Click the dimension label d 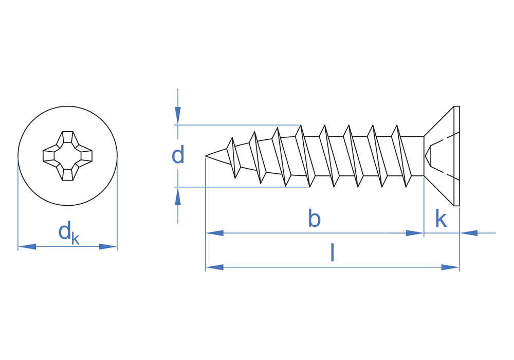[x=178, y=155]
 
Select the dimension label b [x=314, y=219]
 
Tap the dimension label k [x=440, y=219]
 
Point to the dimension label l [x=332, y=253]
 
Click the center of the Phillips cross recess [x=67, y=155]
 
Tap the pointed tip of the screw [x=207, y=155]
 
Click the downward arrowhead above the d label [x=178, y=115]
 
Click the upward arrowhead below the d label [x=178, y=196]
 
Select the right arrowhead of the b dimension [x=414, y=233]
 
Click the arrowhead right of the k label [x=469, y=233]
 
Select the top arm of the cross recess [x=67, y=137]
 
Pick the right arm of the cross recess [x=86, y=155]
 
